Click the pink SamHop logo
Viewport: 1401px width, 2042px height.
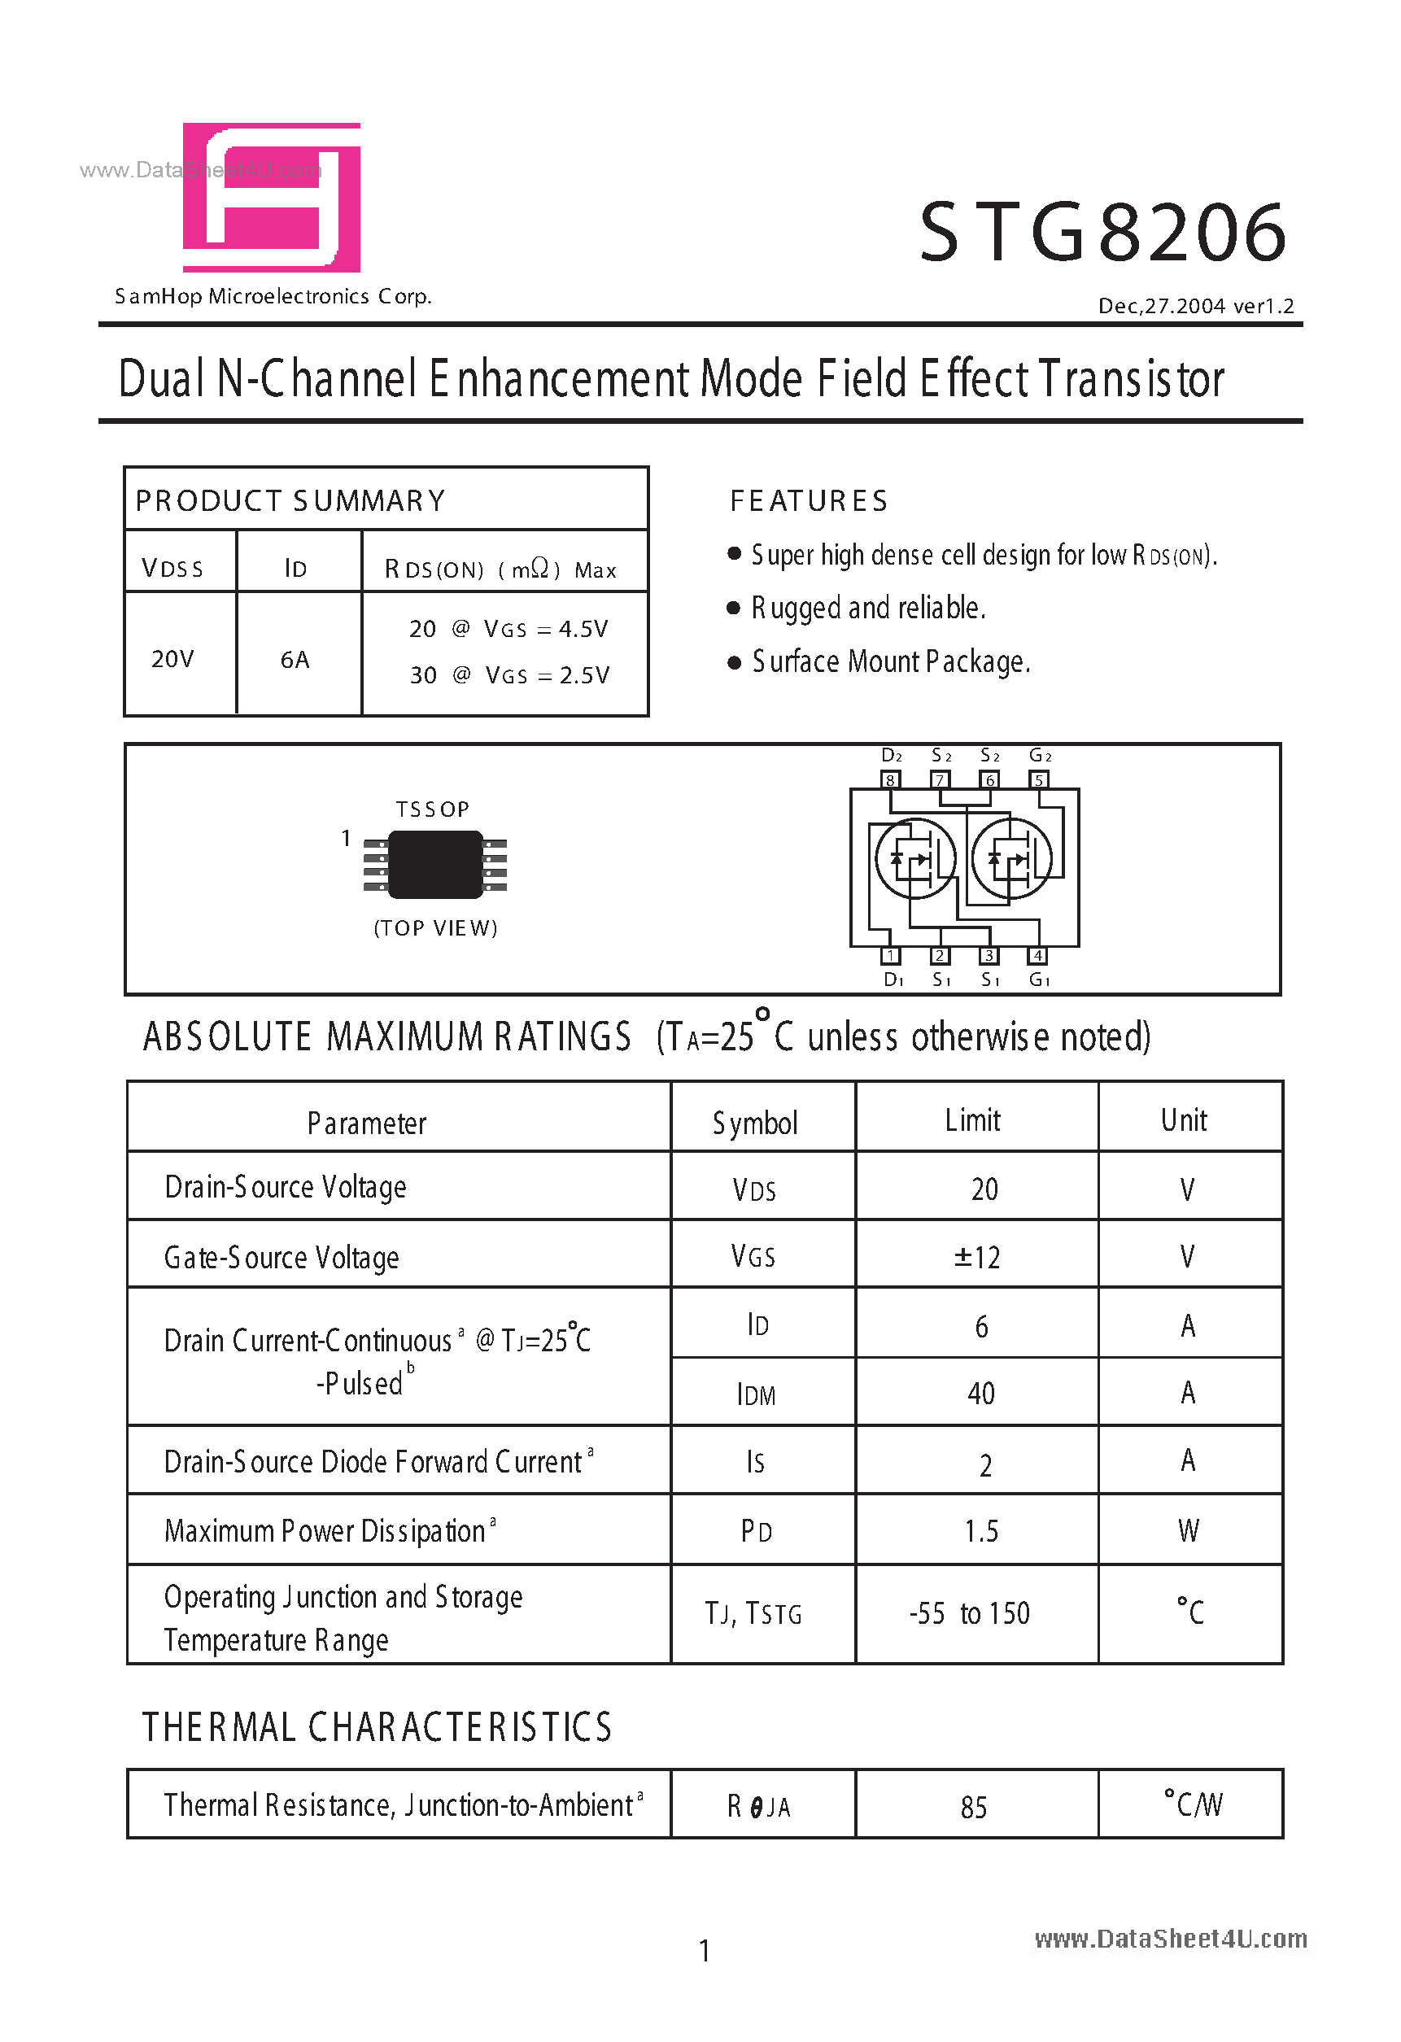[272, 198]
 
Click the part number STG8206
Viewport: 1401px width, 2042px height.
[1103, 233]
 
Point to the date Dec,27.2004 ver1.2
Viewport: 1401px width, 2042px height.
[1195, 306]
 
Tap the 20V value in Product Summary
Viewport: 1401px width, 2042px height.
[172, 659]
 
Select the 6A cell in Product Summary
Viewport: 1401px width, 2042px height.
[295, 659]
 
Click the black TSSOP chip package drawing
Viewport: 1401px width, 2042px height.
[436, 865]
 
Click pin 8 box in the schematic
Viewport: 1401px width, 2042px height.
[890, 779]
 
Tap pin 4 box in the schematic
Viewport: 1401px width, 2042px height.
[1038, 955]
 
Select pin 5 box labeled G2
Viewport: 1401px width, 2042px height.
[1039, 779]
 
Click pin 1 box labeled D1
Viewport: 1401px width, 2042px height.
[890, 955]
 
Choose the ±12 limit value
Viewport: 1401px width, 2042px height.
[977, 1258]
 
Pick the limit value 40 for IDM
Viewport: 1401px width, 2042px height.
[981, 1394]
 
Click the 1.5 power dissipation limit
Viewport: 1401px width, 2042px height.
[981, 1531]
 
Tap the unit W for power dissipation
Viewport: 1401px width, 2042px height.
[1189, 1530]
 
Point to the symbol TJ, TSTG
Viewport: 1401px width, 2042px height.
[753, 1614]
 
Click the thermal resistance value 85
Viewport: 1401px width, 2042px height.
[974, 1808]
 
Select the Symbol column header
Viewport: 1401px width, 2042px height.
[755, 1123]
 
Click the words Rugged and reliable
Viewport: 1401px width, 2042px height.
[868, 608]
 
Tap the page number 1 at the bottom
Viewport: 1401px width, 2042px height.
[704, 1952]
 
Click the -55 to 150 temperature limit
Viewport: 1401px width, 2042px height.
[970, 1614]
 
